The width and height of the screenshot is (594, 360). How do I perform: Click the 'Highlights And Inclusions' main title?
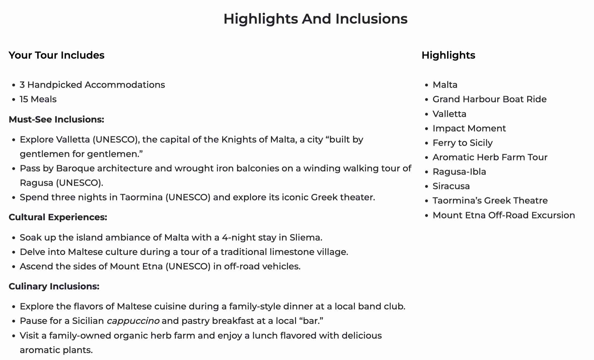pyautogui.click(x=315, y=19)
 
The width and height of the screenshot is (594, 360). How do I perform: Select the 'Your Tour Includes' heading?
pyautogui.click(x=56, y=55)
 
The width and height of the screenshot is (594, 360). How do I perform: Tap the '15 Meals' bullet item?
pyautogui.click(x=38, y=99)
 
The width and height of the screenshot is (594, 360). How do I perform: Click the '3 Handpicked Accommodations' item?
pyautogui.click(x=92, y=85)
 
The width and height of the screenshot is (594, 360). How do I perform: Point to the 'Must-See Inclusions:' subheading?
pyautogui.click(x=56, y=120)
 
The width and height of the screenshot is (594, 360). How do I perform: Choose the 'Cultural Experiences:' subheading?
pyautogui.click(x=58, y=217)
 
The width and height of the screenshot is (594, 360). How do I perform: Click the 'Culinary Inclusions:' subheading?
pyautogui.click(x=54, y=286)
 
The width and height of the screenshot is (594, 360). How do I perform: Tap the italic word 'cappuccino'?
pyautogui.click(x=133, y=321)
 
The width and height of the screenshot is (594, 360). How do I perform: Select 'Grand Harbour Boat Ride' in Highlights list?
pyautogui.click(x=489, y=99)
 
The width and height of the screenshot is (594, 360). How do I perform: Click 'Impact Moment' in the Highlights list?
pyautogui.click(x=469, y=128)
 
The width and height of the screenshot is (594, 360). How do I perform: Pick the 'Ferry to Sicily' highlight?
pyautogui.click(x=462, y=143)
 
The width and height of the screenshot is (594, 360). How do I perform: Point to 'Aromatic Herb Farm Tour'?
pyautogui.click(x=490, y=157)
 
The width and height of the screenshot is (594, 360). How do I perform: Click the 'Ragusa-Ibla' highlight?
pyautogui.click(x=459, y=172)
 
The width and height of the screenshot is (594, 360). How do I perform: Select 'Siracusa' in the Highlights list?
pyautogui.click(x=451, y=186)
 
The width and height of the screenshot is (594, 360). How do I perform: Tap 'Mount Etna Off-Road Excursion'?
pyautogui.click(x=504, y=215)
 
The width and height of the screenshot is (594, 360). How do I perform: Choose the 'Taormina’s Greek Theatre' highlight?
pyautogui.click(x=490, y=200)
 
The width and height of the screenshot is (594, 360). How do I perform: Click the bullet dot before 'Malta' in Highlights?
pyautogui.click(x=427, y=85)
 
